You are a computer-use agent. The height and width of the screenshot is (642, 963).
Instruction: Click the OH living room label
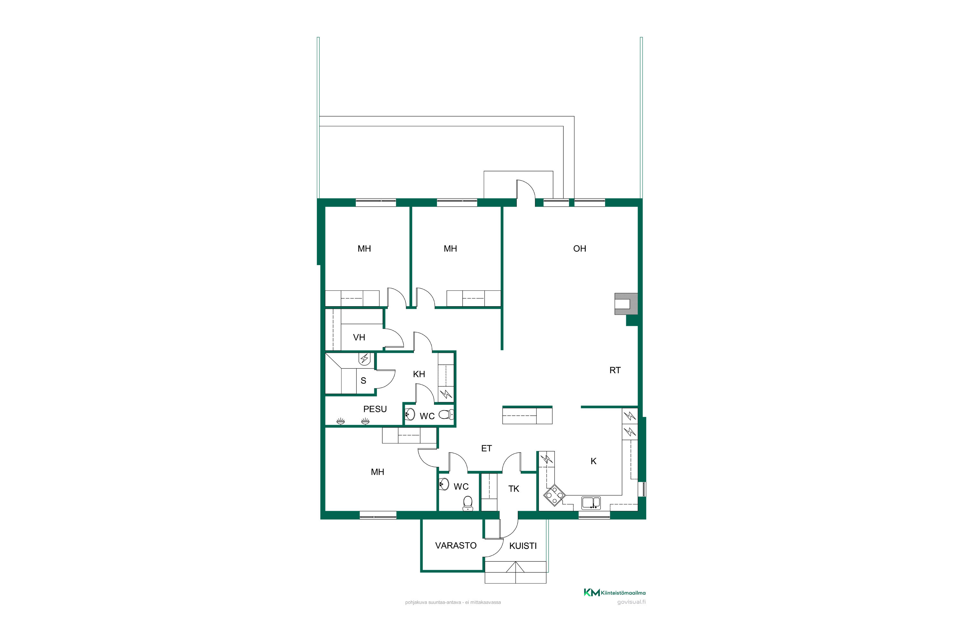pyautogui.click(x=579, y=248)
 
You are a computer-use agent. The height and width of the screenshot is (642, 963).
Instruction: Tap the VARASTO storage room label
pyautogui.click(x=456, y=545)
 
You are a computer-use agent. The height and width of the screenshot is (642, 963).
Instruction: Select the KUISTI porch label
pyautogui.click(x=523, y=546)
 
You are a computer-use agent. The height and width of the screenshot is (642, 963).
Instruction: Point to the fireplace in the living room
pyautogui.click(x=626, y=304)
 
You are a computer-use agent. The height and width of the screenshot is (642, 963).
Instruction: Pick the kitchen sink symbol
pyautogui.click(x=591, y=503)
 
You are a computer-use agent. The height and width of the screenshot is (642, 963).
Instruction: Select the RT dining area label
pyautogui.click(x=615, y=370)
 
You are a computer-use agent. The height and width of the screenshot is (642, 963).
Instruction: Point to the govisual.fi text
pyautogui.click(x=631, y=602)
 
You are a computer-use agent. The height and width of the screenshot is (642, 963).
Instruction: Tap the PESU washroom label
pyautogui.click(x=375, y=409)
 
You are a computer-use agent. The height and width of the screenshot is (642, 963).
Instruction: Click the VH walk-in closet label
pyautogui.click(x=359, y=337)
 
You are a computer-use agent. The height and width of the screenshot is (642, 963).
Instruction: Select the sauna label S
pyautogui.click(x=363, y=380)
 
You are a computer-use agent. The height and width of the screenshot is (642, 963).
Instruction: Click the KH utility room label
pyautogui.click(x=419, y=374)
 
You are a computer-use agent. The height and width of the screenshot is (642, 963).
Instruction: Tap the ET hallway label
pyautogui.click(x=486, y=448)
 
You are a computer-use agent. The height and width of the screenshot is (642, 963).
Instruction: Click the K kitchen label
pyautogui.click(x=593, y=461)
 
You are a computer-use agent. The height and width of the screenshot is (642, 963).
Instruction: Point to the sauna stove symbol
pyautogui.click(x=364, y=359)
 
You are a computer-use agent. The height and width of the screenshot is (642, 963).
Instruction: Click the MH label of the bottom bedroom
pyautogui.click(x=377, y=472)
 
